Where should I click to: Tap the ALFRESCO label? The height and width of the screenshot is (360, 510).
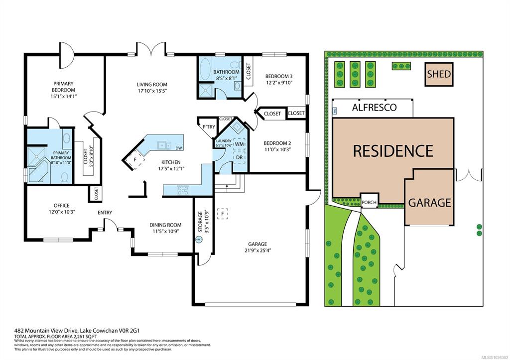coord(374,107)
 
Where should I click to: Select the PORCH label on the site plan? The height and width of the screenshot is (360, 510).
coord(369,202)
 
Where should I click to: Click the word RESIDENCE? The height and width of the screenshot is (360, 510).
coord(393,150)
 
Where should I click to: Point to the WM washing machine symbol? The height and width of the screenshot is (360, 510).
coord(239,144)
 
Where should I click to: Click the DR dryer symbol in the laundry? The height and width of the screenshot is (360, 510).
coord(239,157)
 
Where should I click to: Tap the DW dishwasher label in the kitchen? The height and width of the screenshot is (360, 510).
coord(178,148)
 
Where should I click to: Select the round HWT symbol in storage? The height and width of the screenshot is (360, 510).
coord(199,239)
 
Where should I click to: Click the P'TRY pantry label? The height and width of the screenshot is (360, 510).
coord(209,127)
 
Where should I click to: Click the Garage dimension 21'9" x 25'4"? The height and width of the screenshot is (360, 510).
coord(257,251)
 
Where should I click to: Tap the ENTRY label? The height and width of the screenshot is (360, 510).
coord(105,213)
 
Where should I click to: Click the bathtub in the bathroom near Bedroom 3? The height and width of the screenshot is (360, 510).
coord(205,70)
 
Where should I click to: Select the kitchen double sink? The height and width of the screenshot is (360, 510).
coord(164,146)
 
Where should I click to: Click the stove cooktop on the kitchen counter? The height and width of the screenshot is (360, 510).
coord(183,189)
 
